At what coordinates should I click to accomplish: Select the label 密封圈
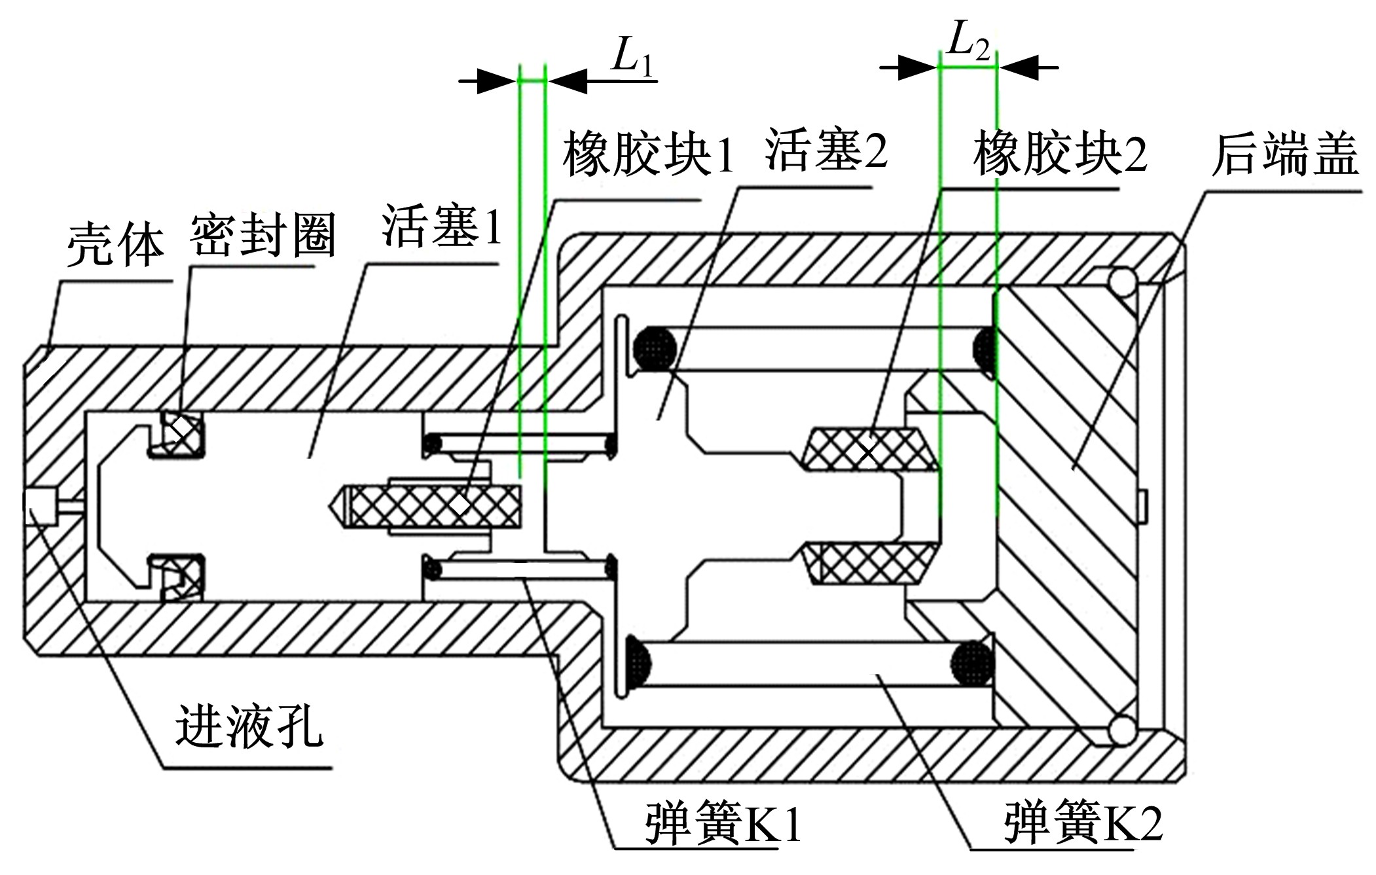[263, 234]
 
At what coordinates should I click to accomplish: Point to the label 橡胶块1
[648, 154]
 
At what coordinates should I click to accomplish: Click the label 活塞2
[826, 151]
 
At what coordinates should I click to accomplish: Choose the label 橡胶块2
[1060, 154]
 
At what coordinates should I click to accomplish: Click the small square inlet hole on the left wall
[40, 506]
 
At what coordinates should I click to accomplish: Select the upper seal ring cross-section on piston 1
[179, 433]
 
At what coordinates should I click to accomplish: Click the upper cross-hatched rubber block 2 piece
[868, 449]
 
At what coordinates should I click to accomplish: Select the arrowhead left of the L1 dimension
[497, 81]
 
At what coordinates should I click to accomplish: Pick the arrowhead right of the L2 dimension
[1019, 67]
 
